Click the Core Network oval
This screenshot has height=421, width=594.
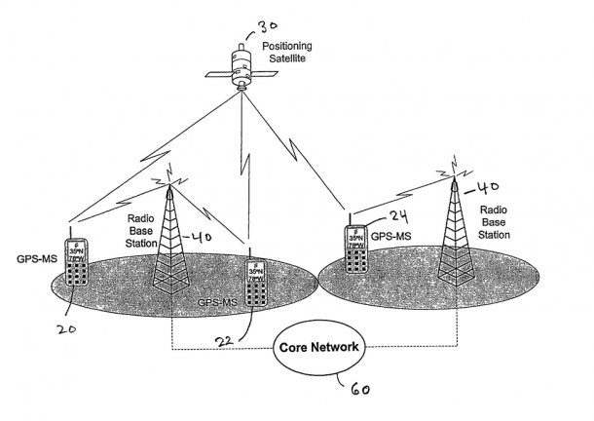pyautogui.click(x=319, y=348)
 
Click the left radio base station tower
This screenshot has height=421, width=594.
pyautogui.click(x=171, y=239)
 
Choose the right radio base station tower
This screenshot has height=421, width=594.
pyautogui.click(x=457, y=231)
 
